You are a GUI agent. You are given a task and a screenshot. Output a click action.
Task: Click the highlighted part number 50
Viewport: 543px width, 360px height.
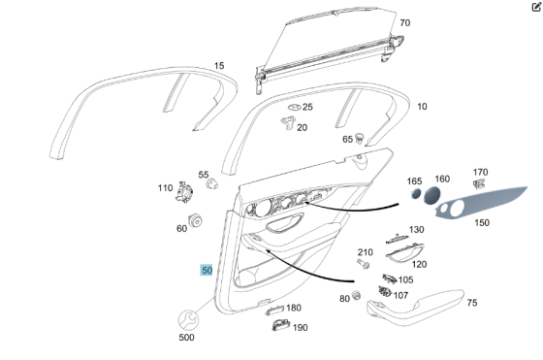207,270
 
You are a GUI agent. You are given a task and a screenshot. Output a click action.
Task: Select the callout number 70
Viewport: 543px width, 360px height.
404,22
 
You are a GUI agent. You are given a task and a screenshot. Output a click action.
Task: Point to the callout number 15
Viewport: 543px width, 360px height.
219,66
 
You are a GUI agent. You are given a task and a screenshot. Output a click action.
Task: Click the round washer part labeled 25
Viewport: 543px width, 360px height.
293,107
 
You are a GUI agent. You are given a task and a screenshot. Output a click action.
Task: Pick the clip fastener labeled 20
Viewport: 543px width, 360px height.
287,123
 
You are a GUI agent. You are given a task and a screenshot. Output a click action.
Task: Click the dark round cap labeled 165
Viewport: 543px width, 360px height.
414,194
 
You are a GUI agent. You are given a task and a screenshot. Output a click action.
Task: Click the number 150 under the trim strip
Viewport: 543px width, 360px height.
481,222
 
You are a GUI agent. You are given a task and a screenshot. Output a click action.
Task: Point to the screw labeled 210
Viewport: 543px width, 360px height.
365,263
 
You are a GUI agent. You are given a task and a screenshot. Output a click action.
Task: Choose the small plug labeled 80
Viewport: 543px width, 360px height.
356,294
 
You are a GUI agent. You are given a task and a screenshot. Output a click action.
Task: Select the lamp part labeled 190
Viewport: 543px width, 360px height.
277,325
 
